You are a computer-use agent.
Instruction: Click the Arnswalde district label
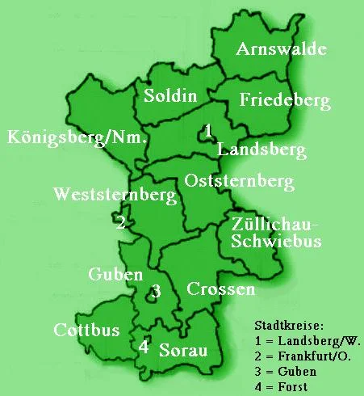(281, 50)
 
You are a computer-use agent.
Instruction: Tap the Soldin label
(169, 96)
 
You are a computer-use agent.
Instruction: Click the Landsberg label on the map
(261, 150)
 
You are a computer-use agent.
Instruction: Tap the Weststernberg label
(114, 196)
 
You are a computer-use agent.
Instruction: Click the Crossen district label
(220, 289)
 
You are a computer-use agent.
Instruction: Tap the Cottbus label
(86, 330)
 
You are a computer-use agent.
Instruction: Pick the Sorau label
(183, 350)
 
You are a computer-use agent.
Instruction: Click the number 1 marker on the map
(208, 130)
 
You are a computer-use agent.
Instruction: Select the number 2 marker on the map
(120, 222)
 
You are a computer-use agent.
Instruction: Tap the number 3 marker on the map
(157, 291)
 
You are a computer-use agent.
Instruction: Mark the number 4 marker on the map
(144, 346)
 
